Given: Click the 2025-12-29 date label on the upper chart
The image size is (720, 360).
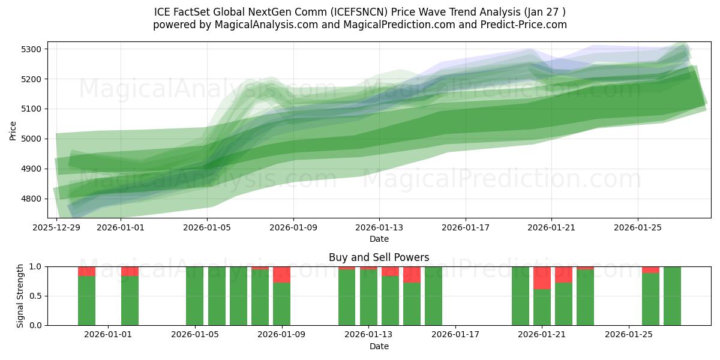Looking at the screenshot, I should pyautogui.click(x=56, y=228).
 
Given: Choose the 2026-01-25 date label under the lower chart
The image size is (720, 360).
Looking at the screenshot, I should pyautogui.click(x=628, y=335).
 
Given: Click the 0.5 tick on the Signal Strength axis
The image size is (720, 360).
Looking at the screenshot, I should pyautogui.click(x=37, y=296).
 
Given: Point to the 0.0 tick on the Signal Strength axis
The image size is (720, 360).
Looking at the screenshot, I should pyautogui.click(x=37, y=325).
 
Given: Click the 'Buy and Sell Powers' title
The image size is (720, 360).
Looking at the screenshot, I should pyautogui.click(x=379, y=257).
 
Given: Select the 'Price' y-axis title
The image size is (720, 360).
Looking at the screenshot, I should pyautogui.click(x=13, y=130).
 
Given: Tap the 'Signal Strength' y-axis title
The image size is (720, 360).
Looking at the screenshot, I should pyautogui.click(x=20, y=295).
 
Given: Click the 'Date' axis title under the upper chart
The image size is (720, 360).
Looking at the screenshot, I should pyautogui.click(x=379, y=239).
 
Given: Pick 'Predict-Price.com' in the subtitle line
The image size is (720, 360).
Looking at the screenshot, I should pyautogui.click(x=520, y=25).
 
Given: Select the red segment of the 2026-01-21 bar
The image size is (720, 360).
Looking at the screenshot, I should pyautogui.click(x=542, y=278).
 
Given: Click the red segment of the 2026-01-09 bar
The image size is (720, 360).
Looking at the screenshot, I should pyautogui.click(x=281, y=274).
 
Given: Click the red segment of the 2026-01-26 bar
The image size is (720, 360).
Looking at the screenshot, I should pyautogui.click(x=650, y=269).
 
